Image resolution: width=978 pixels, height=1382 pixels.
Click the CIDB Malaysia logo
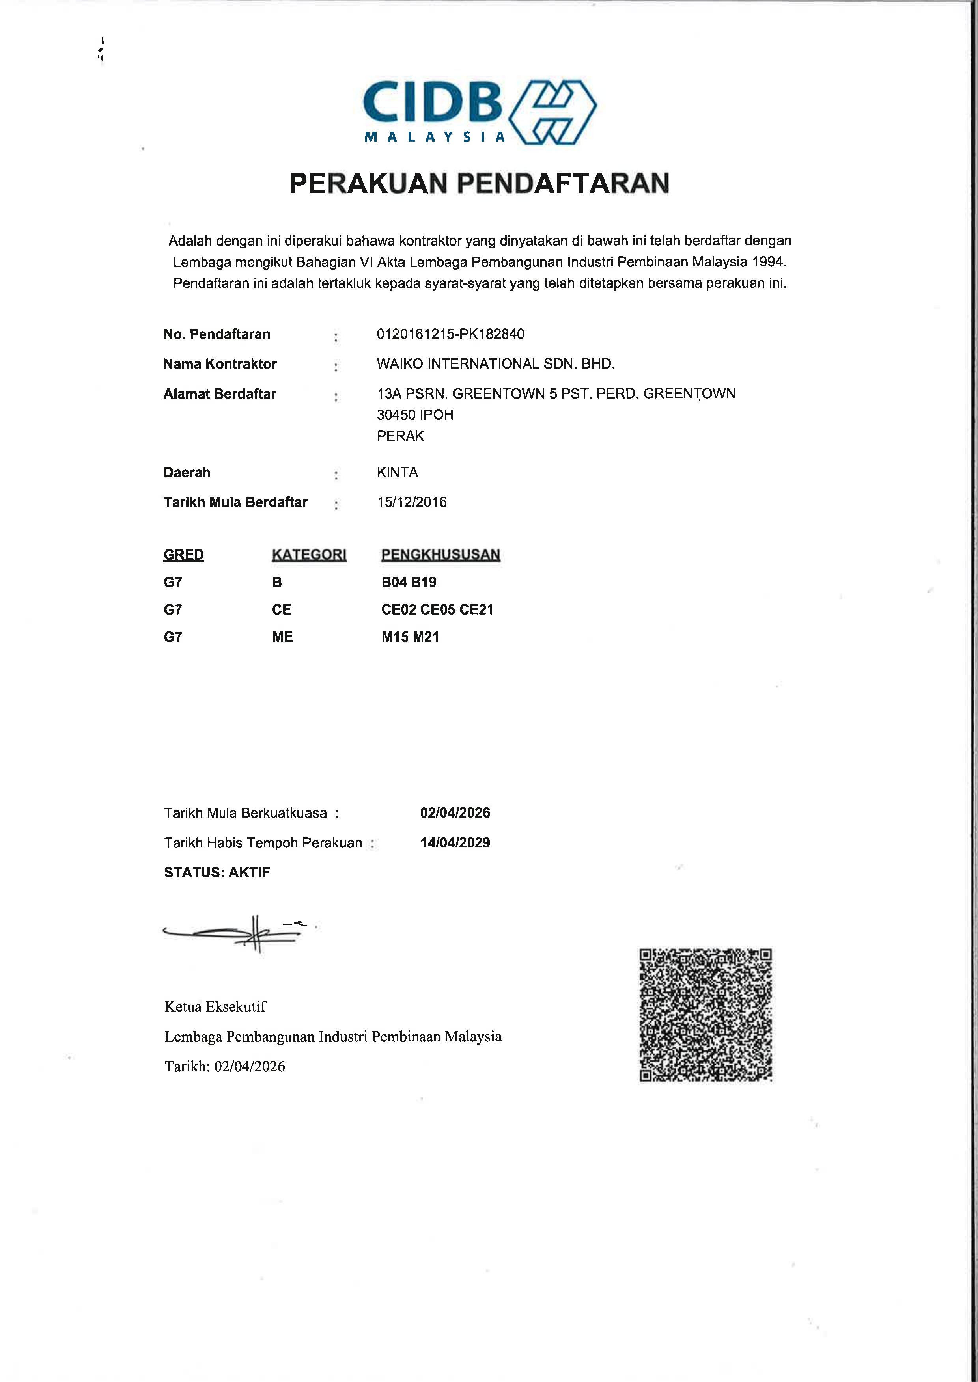pyautogui.click(x=480, y=112)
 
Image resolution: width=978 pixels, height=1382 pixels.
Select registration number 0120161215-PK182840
pyautogui.click(x=450, y=334)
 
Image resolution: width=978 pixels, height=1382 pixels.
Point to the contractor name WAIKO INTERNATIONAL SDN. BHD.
pyautogui.click(x=495, y=363)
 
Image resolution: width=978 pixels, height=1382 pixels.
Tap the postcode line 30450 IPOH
pyautogui.click(x=415, y=415)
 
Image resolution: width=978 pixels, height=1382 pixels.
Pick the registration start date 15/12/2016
pyautogui.click(x=412, y=502)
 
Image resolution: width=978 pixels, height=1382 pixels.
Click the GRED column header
pyautogui.click(x=184, y=554)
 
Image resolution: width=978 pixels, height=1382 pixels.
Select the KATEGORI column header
pyautogui.click(x=309, y=554)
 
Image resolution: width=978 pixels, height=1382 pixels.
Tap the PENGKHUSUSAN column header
pyautogui.click(x=440, y=554)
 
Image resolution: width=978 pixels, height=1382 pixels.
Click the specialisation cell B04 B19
pyautogui.click(x=409, y=582)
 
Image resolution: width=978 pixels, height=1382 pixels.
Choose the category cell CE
pyautogui.click(x=281, y=610)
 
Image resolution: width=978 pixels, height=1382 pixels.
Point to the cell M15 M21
pyautogui.click(x=410, y=637)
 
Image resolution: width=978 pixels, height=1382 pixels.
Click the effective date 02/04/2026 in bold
pyautogui.click(x=455, y=812)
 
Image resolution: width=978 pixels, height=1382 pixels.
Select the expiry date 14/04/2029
pyautogui.click(x=455, y=843)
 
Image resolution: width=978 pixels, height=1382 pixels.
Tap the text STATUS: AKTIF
pyautogui.click(x=217, y=872)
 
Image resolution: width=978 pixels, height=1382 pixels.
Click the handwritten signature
pyautogui.click(x=235, y=933)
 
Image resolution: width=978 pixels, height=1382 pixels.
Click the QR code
pyautogui.click(x=705, y=1015)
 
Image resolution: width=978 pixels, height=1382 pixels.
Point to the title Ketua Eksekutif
pyautogui.click(x=215, y=1006)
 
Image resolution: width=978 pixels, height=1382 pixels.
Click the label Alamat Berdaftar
pyautogui.click(x=220, y=394)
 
